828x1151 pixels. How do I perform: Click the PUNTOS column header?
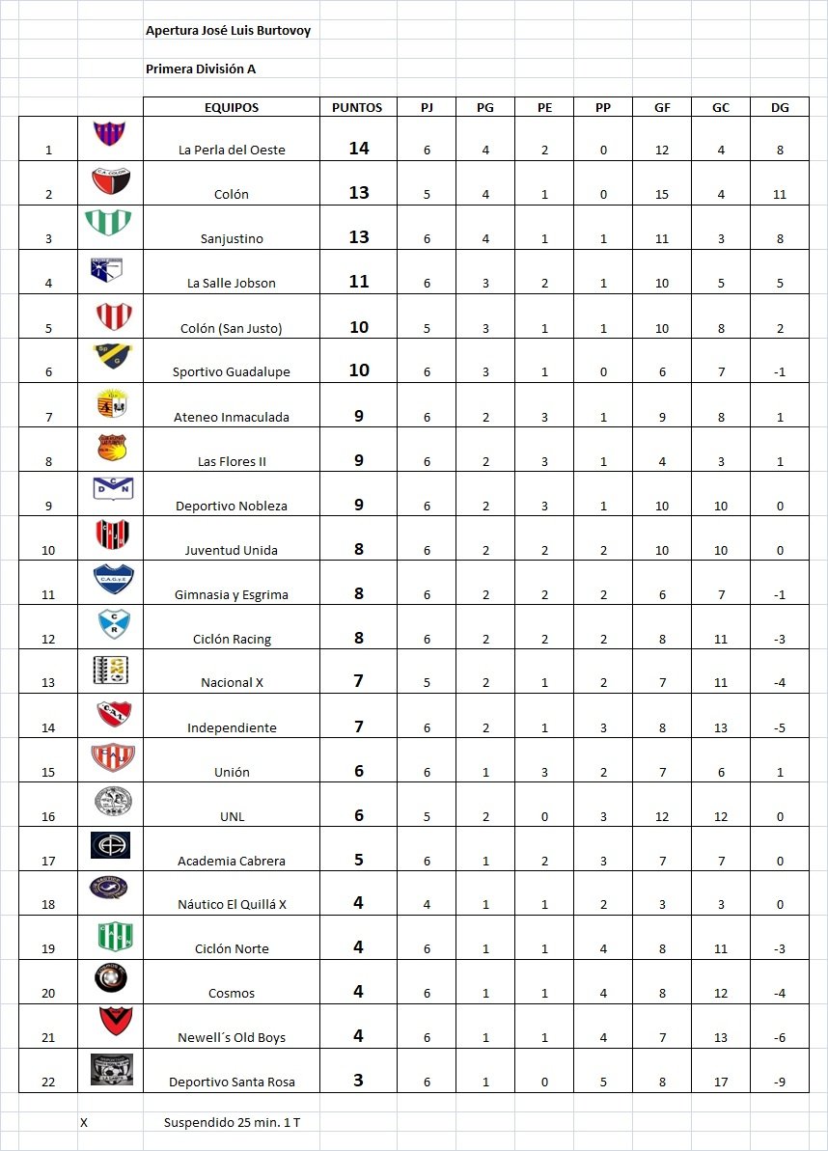pyautogui.click(x=357, y=108)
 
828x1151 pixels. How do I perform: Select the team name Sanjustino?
pyautogui.click(x=232, y=239)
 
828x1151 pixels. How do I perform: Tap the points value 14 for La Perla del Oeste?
pyautogui.click(x=359, y=149)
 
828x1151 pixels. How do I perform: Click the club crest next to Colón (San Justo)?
pyautogui.click(x=111, y=315)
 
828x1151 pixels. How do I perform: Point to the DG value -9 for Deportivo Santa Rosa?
pyautogui.click(x=779, y=1082)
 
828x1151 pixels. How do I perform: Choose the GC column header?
pyautogui.click(x=721, y=108)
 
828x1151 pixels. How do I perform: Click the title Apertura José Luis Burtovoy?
pyautogui.click(x=228, y=31)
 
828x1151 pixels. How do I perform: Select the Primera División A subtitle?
pyautogui.click(x=201, y=69)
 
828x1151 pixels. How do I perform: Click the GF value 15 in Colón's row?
pyautogui.click(x=662, y=195)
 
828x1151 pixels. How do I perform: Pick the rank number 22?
pyautogui.click(x=48, y=1082)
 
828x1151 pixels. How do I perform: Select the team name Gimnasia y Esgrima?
pyautogui.click(x=232, y=595)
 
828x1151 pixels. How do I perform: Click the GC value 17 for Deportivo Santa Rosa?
pyautogui.click(x=721, y=1082)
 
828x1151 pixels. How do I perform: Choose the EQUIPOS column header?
pyautogui.click(x=232, y=108)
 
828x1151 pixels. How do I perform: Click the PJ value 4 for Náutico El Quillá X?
pyautogui.click(x=427, y=905)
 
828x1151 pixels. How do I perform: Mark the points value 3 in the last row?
pyautogui.click(x=358, y=1081)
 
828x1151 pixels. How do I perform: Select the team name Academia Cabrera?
pyautogui.click(x=232, y=862)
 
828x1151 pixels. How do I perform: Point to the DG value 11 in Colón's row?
pyautogui.click(x=779, y=195)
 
